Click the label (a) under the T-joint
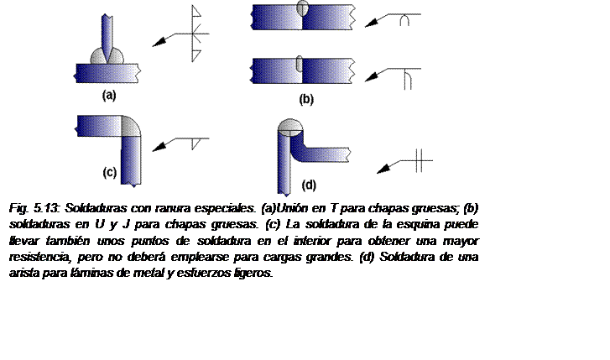coord(109,96)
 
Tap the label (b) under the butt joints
coord(306,99)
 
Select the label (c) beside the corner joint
coord(110,172)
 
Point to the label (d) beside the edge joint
coord(309,185)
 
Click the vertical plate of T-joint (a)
coord(107,37)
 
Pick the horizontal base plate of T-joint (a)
coord(107,74)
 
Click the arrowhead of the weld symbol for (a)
coord(159,42)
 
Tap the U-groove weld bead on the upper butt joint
coord(303,8)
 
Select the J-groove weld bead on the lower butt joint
coord(300,64)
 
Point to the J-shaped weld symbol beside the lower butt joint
coord(407,79)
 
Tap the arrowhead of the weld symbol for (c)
coord(159,147)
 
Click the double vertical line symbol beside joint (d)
coord(419,160)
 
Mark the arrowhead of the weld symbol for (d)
coord(384,169)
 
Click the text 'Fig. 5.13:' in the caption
coord(34,209)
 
